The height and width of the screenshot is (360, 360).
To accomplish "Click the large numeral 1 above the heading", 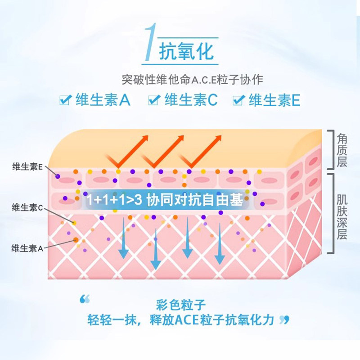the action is (150, 42).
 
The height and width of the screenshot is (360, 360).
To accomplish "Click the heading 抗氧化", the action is (186, 51).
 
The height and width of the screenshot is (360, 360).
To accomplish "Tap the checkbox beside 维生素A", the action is (65, 99).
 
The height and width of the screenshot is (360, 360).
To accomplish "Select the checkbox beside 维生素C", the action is (154, 99).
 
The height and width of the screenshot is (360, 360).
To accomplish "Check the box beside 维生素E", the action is (238, 99).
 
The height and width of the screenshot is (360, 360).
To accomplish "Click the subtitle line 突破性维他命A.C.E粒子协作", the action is (192, 80).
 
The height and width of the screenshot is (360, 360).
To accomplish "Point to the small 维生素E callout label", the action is (27, 166).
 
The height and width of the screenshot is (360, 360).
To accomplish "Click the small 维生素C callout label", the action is (27, 207).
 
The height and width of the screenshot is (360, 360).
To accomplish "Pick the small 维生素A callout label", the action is (27, 248).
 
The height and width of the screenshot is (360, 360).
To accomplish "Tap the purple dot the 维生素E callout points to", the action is (58, 176).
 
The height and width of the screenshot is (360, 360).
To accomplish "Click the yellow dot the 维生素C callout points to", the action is (74, 223).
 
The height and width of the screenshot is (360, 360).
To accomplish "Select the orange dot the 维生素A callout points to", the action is (76, 240).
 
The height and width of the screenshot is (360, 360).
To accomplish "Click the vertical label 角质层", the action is (342, 150).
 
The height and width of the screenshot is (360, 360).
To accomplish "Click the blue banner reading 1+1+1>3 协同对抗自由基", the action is (165, 200).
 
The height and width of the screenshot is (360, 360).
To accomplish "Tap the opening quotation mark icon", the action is (85, 299).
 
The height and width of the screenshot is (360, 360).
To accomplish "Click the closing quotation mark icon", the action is (284, 320).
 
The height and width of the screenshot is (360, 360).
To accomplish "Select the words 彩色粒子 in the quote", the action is (181, 305).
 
